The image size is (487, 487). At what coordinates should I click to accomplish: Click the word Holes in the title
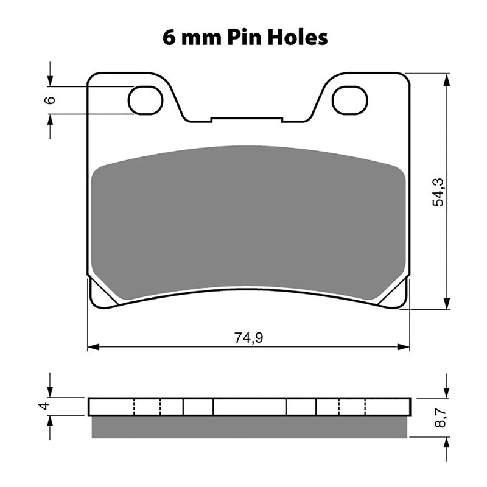point(296,38)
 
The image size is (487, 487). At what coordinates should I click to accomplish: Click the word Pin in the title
point(243,38)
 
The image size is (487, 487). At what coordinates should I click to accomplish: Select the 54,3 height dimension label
point(437,192)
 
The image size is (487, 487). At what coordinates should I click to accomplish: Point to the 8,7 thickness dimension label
point(437,418)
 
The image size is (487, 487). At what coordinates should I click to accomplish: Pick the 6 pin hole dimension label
point(51,100)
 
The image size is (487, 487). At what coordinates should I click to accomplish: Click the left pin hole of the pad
point(145,100)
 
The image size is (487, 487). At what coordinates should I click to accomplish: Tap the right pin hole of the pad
point(349,100)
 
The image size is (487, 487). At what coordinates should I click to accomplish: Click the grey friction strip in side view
point(248,427)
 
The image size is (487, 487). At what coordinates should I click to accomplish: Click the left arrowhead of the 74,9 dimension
point(93,348)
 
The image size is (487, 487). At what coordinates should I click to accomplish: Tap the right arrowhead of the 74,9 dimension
point(405,348)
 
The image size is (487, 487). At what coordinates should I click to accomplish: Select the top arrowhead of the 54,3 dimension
point(447,79)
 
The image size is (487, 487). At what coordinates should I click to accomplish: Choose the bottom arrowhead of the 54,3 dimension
point(447,304)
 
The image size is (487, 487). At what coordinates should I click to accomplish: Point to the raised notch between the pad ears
point(247,119)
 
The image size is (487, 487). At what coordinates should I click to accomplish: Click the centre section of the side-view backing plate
point(250,406)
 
